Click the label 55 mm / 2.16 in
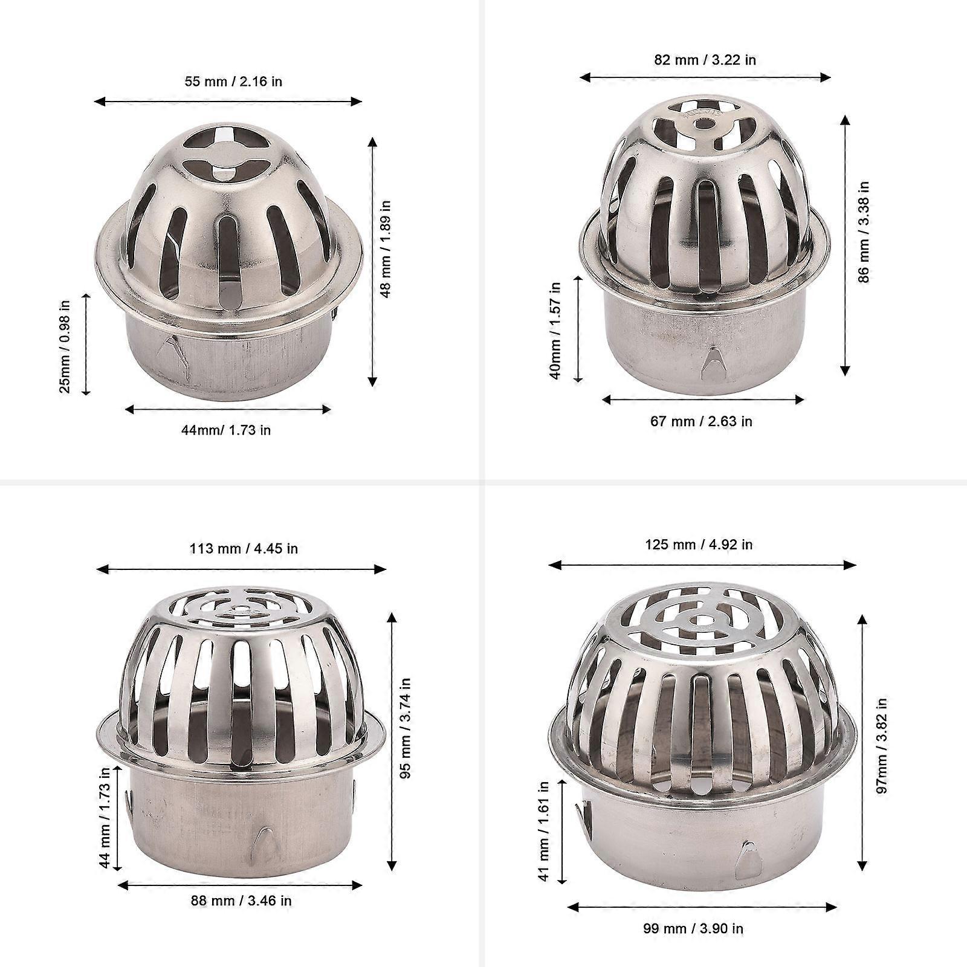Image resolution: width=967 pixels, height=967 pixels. tap(233, 81)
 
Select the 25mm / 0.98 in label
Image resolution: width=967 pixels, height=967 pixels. tap(65, 347)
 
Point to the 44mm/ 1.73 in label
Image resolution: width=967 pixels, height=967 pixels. tap(226, 430)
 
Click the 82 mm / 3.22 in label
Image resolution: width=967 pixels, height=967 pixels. tap(705, 60)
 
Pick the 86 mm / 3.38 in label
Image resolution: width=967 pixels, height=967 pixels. tap(864, 232)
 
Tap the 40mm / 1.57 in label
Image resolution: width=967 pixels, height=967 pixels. tap(555, 330)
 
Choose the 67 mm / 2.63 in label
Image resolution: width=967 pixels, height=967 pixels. tap(701, 421)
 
